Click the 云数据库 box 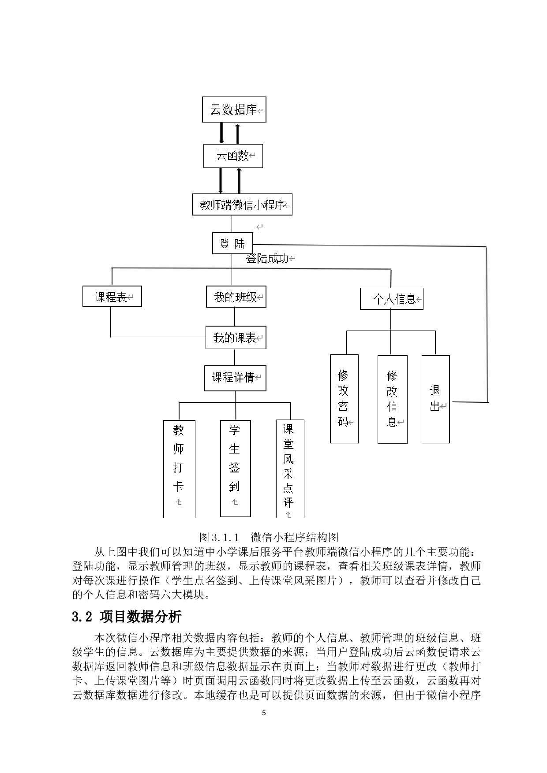pos(234,110)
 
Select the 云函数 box pos(233,156)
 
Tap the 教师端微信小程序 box pos(242,205)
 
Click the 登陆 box pos(232,243)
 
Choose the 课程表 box pos(112,297)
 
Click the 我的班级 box pos(236,297)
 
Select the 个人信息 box pos(391,299)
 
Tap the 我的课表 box pos(236,338)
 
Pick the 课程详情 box pos(235,378)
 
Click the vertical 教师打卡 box pos(179,469)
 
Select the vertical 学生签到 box pos(235,468)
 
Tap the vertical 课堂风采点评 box pos(289,469)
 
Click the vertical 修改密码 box pos(344,399)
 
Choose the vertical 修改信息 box pos(392,399)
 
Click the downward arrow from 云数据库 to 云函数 pos(221,133)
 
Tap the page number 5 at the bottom pos(264,713)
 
